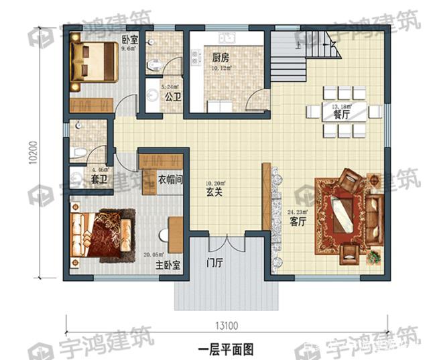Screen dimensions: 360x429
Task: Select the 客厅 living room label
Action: coord(296,222)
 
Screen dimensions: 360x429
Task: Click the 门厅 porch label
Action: coord(214,262)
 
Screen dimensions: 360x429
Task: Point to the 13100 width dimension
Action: coord(227,326)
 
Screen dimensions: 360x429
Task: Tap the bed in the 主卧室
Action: coord(101,235)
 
